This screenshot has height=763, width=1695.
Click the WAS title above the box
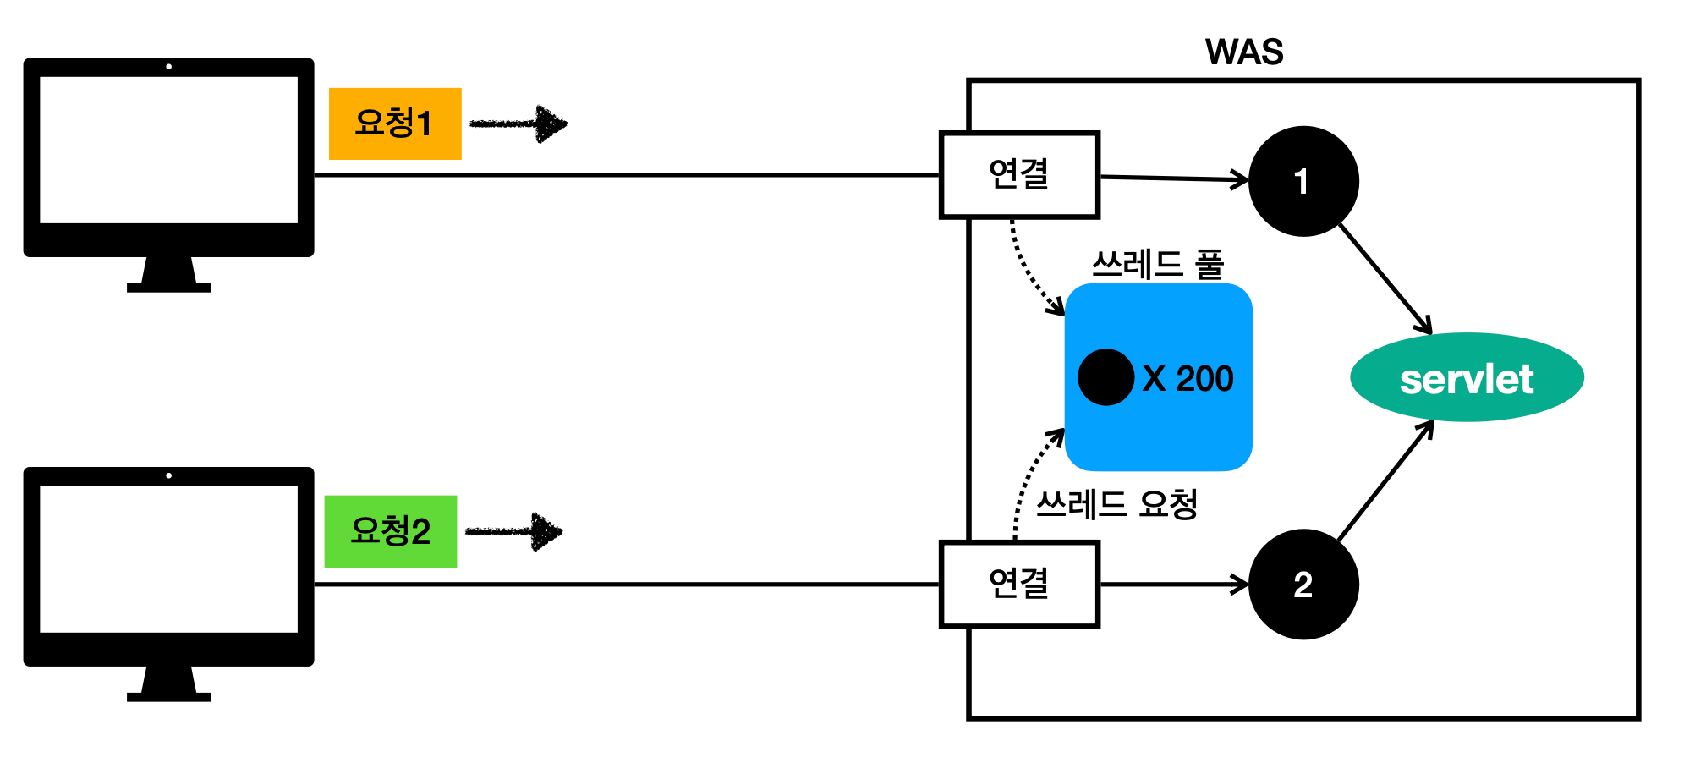[1243, 52]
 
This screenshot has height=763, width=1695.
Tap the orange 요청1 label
[395, 124]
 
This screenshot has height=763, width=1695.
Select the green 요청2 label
[391, 531]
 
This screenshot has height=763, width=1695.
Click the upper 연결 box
[1019, 175]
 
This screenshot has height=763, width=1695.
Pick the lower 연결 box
[1019, 585]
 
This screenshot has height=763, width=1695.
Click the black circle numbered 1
[1303, 181]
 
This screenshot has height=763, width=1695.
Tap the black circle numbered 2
[1303, 585]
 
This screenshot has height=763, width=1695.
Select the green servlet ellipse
[1467, 378]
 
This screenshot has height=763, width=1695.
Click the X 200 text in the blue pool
[1188, 378]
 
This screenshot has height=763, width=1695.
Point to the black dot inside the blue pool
[1105, 377]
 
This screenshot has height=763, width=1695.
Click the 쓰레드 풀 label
[1158, 265]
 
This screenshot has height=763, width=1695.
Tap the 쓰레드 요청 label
[1116, 505]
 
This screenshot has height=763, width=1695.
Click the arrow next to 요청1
[518, 124]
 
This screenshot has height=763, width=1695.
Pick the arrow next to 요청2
[513, 532]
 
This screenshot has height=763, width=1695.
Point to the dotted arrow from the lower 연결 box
[1028, 482]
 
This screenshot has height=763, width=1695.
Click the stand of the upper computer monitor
[168, 274]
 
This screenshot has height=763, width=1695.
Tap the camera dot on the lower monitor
[169, 475]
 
